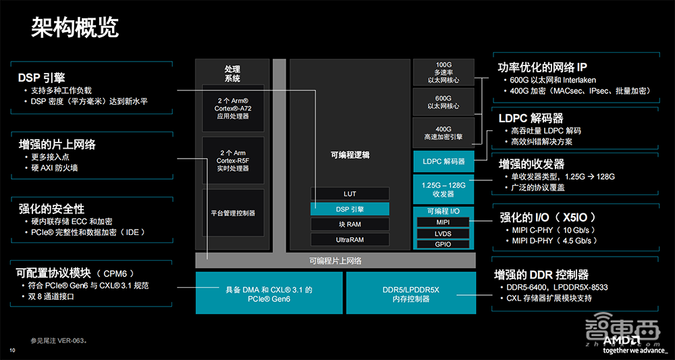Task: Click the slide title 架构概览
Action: (x=75, y=28)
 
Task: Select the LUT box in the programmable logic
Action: (x=350, y=194)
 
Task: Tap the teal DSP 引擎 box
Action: (x=350, y=209)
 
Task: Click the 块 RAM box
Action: (x=350, y=224)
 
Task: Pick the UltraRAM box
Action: (x=350, y=240)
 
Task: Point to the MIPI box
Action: (x=443, y=222)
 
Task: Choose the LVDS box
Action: (x=443, y=233)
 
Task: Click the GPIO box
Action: (x=443, y=245)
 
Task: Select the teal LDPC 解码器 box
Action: (x=443, y=161)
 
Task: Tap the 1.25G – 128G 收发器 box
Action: (x=443, y=189)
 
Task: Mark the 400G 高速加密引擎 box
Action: (x=443, y=132)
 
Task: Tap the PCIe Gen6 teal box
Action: (x=268, y=293)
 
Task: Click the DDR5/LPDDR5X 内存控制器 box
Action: (x=410, y=293)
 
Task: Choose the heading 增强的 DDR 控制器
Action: (x=541, y=275)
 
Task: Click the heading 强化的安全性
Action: (x=51, y=209)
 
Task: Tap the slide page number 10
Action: (x=12, y=350)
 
